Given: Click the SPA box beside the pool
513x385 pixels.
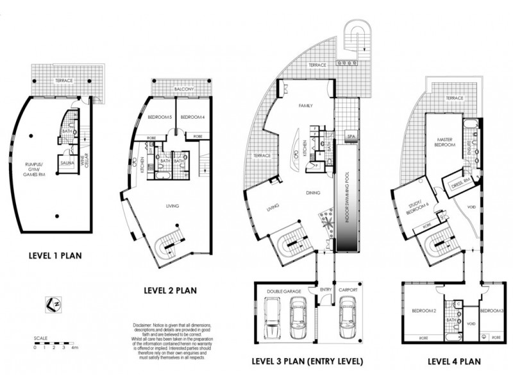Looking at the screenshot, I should (x=351, y=137).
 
